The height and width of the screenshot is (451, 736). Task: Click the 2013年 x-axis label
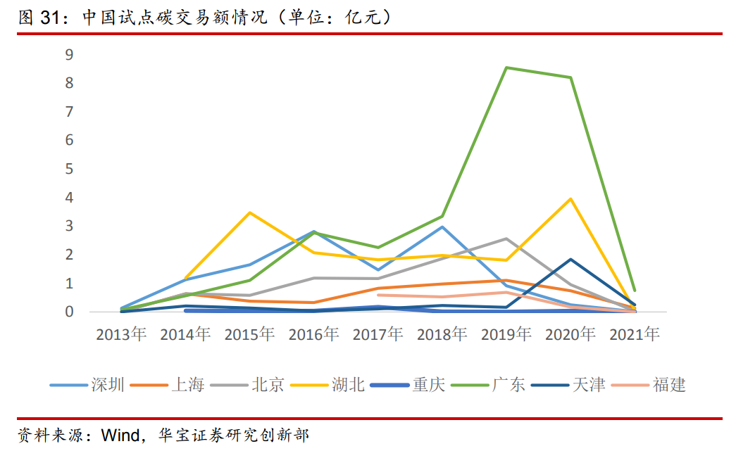pyautogui.click(x=121, y=334)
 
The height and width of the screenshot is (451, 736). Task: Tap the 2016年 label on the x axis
pyautogui.click(x=314, y=334)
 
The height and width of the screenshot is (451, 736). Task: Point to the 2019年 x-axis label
pyautogui.click(x=506, y=334)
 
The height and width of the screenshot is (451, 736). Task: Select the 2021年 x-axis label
pyautogui.click(x=635, y=334)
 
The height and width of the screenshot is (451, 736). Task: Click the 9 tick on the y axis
pyautogui.click(x=69, y=54)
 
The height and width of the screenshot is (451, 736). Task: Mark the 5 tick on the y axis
pyautogui.click(x=69, y=169)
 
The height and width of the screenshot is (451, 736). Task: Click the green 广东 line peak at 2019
pyautogui.click(x=506, y=68)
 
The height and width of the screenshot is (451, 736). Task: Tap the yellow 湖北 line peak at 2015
pyautogui.click(x=250, y=212)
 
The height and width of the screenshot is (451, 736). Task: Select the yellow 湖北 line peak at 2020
pyautogui.click(x=570, y=198)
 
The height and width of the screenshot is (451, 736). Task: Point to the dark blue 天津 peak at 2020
pyautogui.click(x=570, y=260)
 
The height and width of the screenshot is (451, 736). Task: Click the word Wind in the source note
pyautogui.click(x=120, y=434)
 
